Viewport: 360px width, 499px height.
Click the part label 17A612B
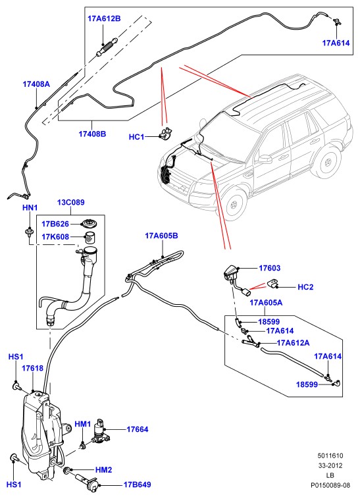click(x=104, y=18)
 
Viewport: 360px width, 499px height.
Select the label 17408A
click(x=36, y=84)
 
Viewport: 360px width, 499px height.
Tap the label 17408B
click(x=92, y=134)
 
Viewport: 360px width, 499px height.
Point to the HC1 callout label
click(x=136, y=137)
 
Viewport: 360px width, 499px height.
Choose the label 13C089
click(x=71, y=202)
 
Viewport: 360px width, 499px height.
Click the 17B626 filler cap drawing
click(x=89, y=224)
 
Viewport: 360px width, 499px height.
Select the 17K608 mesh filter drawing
click(x=91, y=238)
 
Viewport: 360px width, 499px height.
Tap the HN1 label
click(x=30, y=208)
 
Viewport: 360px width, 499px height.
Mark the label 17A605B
click(x=161, y=236)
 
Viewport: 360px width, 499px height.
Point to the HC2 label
click(x=305, y=287)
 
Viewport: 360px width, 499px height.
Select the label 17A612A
click(x=293, y=343)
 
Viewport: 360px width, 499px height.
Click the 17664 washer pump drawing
click(x=101, y=431)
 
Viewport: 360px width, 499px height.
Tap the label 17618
click(x=32, y=369)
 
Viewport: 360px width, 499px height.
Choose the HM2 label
click(x=104, y=470)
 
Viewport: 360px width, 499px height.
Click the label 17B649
click(x=137, y=485)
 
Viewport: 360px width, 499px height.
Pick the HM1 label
click(x=83, y=424)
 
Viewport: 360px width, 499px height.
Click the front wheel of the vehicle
click(x=234, y=203)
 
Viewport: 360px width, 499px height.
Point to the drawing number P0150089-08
click(x=330, y=486)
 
